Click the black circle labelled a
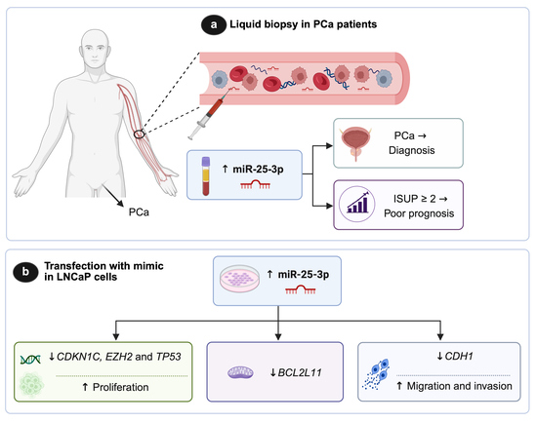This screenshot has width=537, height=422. coord(214,25)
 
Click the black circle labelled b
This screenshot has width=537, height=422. coord(25,272)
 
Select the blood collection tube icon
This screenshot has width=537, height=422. coord(205,175)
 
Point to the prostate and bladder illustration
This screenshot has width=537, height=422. coord(355,143)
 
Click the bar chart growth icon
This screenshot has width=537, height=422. coord(356,204)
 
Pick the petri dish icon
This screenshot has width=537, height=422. coord(239,279)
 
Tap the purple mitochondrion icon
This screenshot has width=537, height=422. coord(241,372)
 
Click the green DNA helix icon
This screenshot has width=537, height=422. coord(30,360)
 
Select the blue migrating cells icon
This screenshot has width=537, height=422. coord(376,374)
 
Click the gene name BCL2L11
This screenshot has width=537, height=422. coord(300,372)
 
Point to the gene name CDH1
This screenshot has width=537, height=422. coord(459,357)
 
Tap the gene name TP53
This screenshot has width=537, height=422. coord(168,357)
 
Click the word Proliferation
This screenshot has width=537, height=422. coord(120,387)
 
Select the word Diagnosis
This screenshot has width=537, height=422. coord(412,150)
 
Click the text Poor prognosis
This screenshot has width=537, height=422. coord(419,213)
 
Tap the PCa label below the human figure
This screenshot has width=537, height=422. coord(139,212)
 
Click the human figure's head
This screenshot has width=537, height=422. coord(95,49)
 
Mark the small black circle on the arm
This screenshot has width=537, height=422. coord(139,134)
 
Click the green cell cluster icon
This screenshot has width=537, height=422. coord(31,385)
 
